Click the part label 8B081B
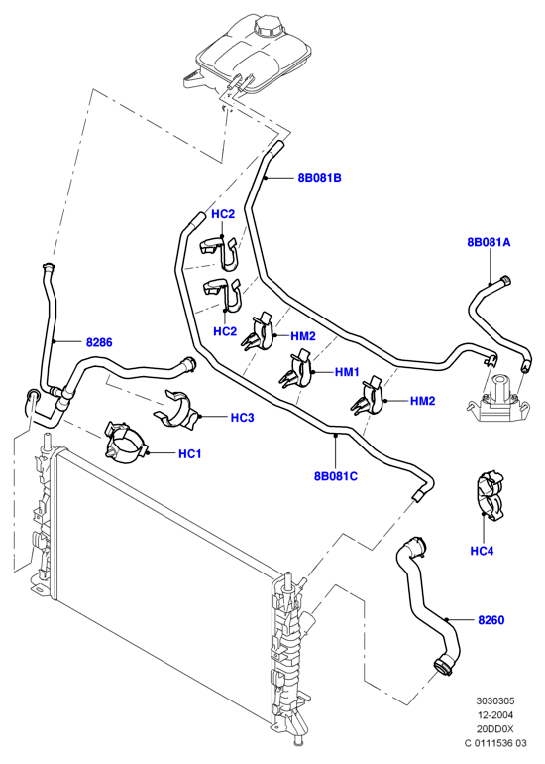pos(319,178)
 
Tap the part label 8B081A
pos(489,242)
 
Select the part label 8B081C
pos(336,476)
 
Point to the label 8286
pos(99,342)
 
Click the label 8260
pos(490,620)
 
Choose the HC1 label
pos(190,454)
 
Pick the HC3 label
pos(242,418)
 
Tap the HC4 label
pos(482,551)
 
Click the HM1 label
pos(347,372)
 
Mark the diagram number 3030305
pos(494,701)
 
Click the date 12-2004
pos(494,715)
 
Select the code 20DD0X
pos(494,729)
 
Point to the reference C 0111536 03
pos(494,743)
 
